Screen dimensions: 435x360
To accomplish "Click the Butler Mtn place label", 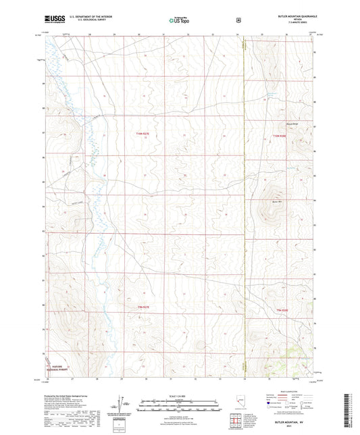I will (276, 201).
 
